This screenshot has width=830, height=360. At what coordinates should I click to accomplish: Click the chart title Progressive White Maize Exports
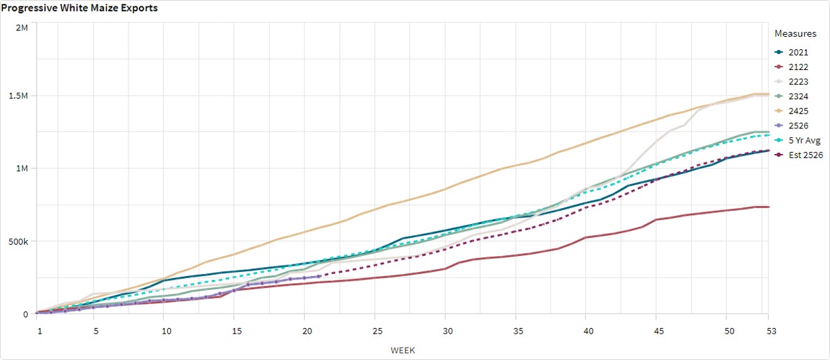point(78,8)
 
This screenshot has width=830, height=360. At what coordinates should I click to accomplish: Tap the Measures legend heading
point(791,33)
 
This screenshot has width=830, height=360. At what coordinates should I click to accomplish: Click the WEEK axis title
point(403,350)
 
